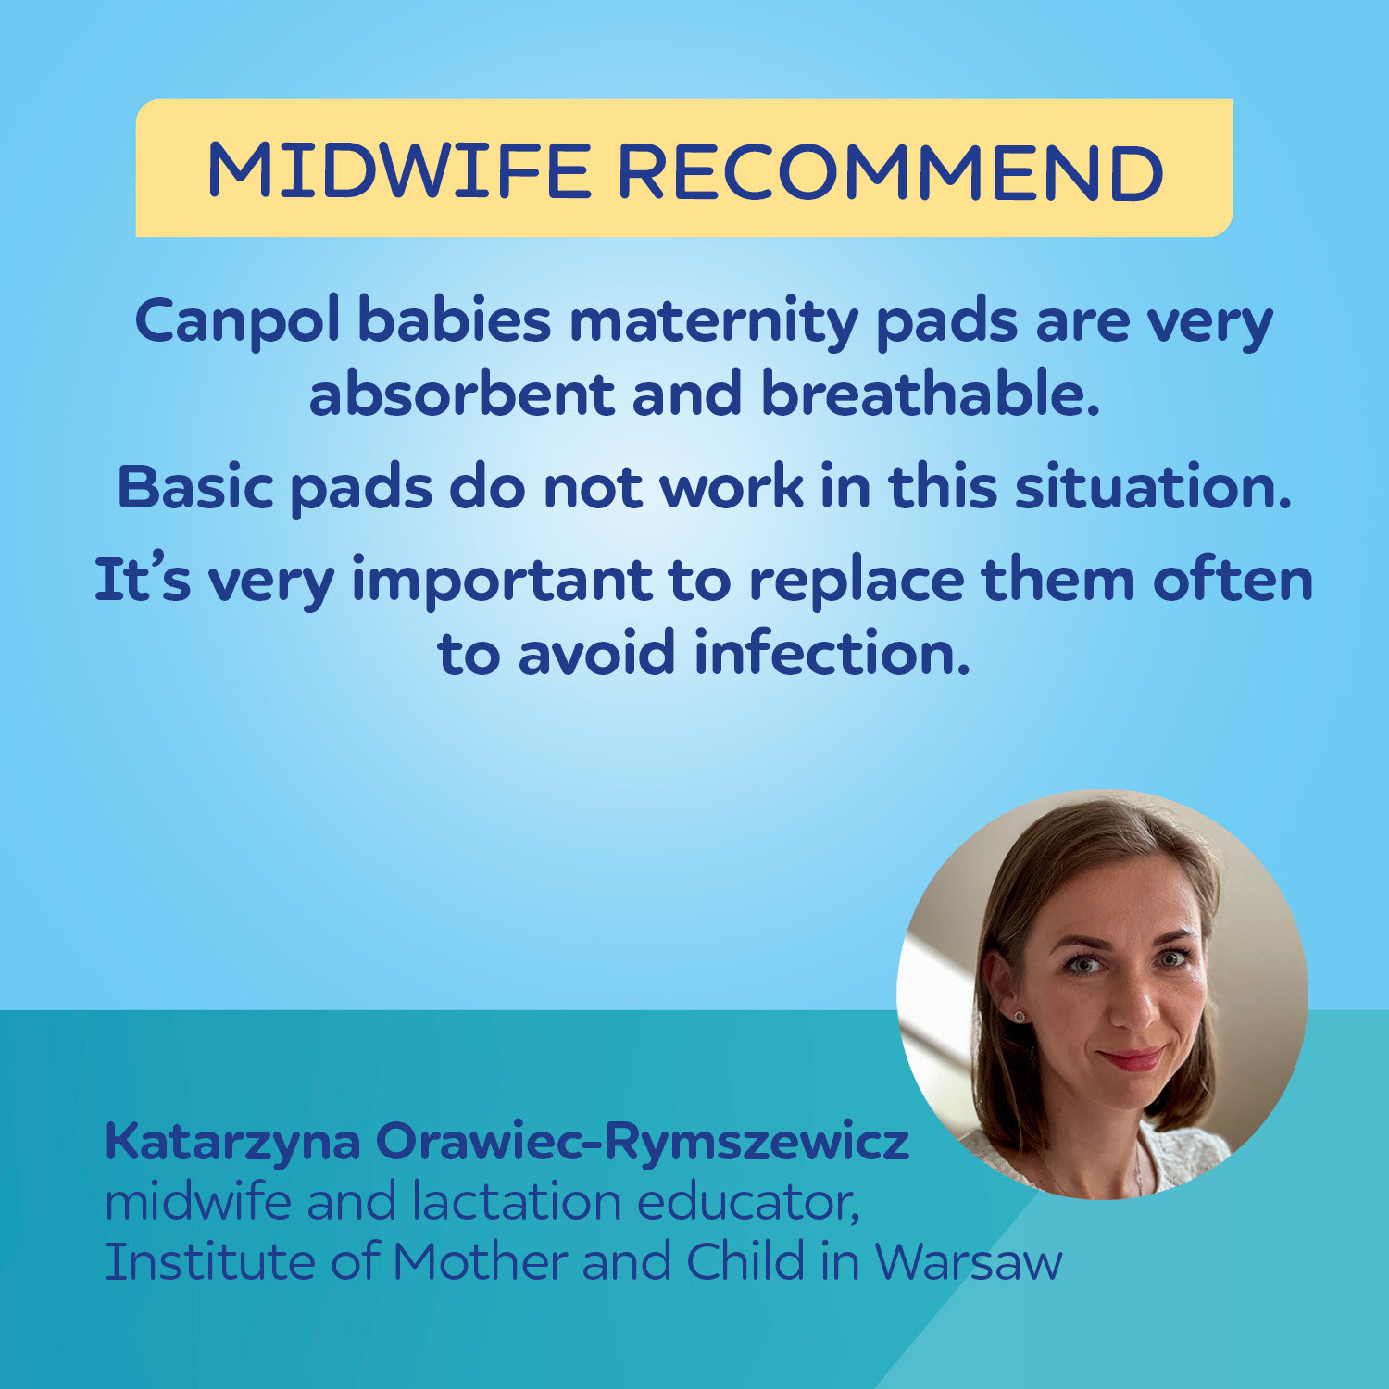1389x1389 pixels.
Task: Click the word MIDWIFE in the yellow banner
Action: pos(399,172)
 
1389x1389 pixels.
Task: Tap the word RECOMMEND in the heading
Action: pos(891,172)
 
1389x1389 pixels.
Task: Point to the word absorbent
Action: pos(461,394)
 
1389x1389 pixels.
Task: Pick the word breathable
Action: pos(931,394)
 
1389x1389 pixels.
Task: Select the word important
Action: pos(502,582)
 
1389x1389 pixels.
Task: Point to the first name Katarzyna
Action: pos(232,1143)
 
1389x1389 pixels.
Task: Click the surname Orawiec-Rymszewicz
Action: pos(642,1143)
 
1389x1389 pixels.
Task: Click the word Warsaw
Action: pos(969,1261)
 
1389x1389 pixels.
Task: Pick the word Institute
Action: pos(209,1261)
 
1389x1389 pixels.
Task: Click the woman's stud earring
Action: pos(1020,1017)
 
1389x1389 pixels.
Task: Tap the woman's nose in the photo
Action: pos(1132,1000)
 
